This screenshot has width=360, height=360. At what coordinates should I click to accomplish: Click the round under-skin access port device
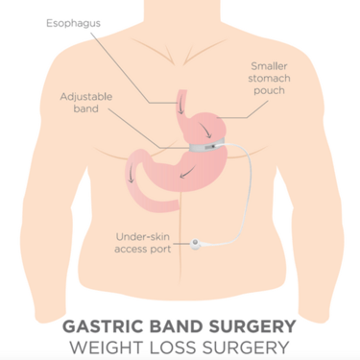pyautogui.click(x=198, y=245)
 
